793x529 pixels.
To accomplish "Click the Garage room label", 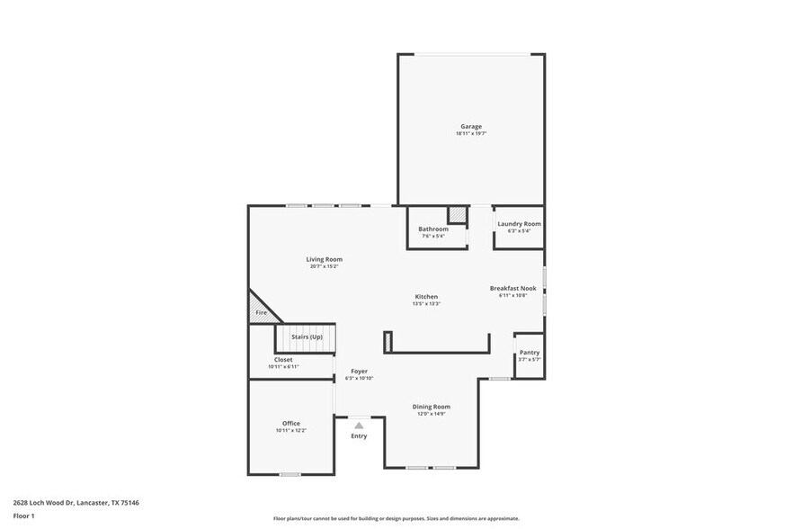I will click(x=471, y=126).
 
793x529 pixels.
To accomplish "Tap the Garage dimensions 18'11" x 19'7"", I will click(x=471, y=133).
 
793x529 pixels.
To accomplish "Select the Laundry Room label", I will click(x=519, y=223).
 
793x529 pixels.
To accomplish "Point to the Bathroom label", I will click(x=433, y=229).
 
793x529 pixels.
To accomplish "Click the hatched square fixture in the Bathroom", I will click(x=458, y=215).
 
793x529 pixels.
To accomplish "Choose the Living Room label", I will click(x=325, y=259).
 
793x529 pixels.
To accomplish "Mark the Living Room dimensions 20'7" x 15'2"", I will click(x=325, y=266).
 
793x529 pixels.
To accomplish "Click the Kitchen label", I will click(x=426, y=296).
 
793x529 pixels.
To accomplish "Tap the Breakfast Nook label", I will click(x=512, y=288).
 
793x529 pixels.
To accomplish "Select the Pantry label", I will click(x=530, y=352).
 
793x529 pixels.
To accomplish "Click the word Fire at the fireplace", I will click(x=261, y=312).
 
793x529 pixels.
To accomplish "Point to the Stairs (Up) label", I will click(x=307, y=336).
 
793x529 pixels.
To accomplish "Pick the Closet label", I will click(x=283, y=359).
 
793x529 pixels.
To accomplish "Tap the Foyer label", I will click(x=359, y=371).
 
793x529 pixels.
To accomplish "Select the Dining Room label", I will click(x=432, y=407).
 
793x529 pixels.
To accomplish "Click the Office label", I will click(x=291, y=423).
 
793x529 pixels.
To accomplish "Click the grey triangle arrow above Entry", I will click(x=359, y=426).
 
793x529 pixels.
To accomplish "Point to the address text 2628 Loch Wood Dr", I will click(x=45, y=503).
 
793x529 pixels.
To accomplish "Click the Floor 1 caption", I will click(x=23, y=516).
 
